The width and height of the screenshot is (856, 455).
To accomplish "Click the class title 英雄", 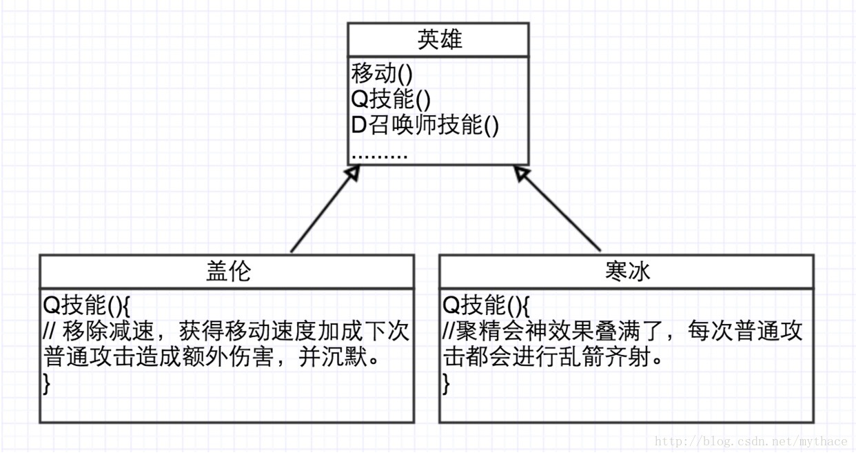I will pyautogui.click(x=438, y=39).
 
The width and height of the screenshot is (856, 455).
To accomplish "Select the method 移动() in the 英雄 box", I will pyautogui.click(x=382, y=73).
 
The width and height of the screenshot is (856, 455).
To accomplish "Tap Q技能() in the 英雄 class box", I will pyautogui.click(x=391, y=99).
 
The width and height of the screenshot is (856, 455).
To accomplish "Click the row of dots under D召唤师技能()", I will pyautogui.click(x=380, y=154).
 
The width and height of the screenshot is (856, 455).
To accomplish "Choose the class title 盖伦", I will pyautogui.click(x=227, y=272).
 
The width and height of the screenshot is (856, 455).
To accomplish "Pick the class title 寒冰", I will pyautogui.click(x=626, y=272).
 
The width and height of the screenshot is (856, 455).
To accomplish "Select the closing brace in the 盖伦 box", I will pyautogui.click(x=47, y=385).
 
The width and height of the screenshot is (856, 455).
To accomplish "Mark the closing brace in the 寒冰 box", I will pyautogui.click(x=446, y=385).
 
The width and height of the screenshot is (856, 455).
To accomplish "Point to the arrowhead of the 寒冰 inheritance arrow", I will pyautogui.click(x=522, y=174).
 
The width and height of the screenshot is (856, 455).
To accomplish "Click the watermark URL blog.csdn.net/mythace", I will pyautogui.click(x=751, y=442).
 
